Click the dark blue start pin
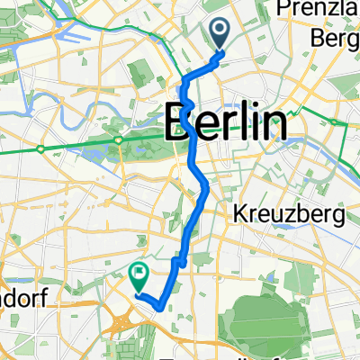coord(221,35)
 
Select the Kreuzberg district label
coord(279,216)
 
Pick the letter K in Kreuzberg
coord(239,216)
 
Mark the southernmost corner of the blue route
coord(159,307)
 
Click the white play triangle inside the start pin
coord(221,32)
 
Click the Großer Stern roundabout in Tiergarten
coord(119,140)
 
